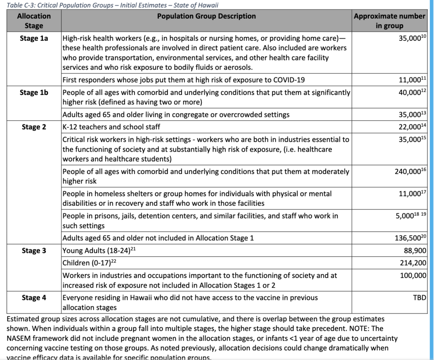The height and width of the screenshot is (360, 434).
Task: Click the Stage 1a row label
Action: [34, 38]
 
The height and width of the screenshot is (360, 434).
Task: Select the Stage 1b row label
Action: [34, 93]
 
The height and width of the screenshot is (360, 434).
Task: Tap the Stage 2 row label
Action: [34, 127]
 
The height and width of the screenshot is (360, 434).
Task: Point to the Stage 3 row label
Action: [34, 251]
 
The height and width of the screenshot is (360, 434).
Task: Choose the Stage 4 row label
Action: [34, 298]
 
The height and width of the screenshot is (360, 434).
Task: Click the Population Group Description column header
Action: [206, 17]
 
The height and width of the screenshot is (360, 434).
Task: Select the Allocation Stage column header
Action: [34, 21]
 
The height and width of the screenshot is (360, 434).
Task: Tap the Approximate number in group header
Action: [389, 21]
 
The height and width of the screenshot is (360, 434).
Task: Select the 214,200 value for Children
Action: [412, 263]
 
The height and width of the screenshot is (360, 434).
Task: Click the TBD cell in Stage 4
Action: [419, 298]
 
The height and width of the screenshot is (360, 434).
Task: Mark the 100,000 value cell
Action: [412, 276]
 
